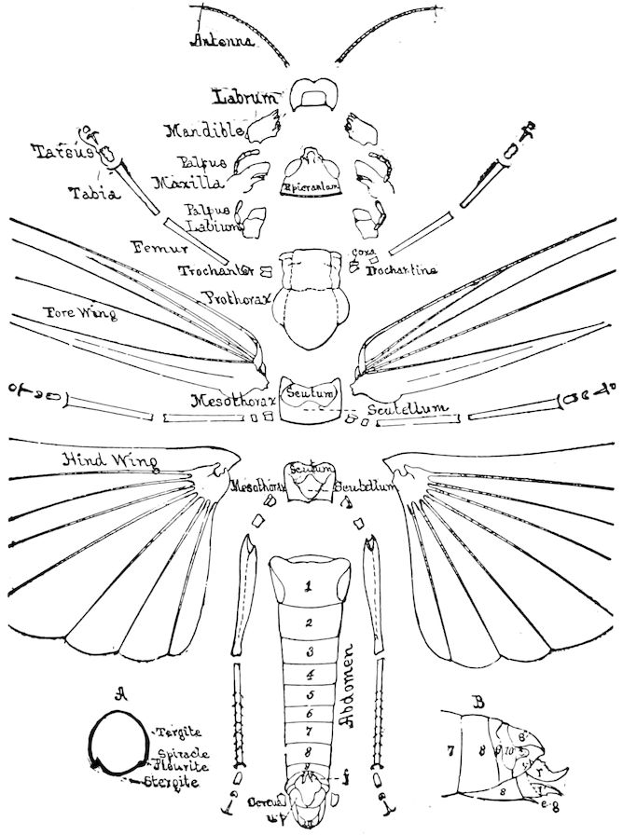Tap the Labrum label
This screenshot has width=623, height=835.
pyautogui.click(x=245, y=96)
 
